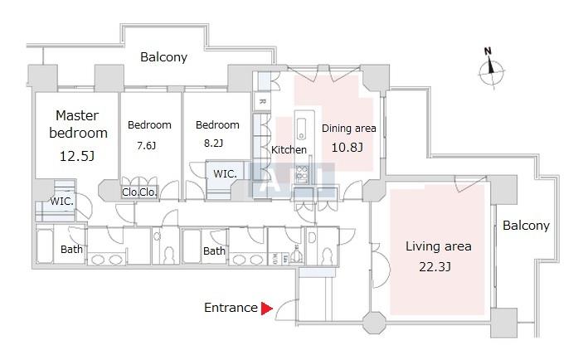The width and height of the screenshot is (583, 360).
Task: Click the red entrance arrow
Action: coord(266,309)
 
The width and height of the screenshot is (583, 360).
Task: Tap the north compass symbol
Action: coord(491,70)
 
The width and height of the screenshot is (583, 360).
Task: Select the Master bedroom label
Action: coord(78,124)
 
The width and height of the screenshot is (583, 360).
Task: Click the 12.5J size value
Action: coord(77,156)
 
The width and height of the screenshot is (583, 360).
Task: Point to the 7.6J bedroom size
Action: coord(147,145)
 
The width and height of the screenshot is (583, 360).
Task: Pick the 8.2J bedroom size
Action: coord(213,144)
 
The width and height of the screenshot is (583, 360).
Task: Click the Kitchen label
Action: coord(289,150)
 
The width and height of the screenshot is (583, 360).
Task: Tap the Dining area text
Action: coord(349,129)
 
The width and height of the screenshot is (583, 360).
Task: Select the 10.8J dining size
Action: coord(347,148)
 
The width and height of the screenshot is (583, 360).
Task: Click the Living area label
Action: coord(439,246)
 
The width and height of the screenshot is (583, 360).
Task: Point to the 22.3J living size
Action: coord(435,266)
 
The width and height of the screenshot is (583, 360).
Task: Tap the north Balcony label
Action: coord(163,57)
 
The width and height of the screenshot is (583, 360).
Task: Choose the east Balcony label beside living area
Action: coord(526,226)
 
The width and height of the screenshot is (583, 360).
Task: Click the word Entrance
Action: coord(231,308)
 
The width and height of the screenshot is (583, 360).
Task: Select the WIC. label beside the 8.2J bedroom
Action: coord(225,173)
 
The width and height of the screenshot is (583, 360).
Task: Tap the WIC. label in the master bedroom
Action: coord(61,202)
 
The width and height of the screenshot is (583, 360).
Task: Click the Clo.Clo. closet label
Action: coord(139,192)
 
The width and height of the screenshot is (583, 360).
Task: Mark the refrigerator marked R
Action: coord(262,101)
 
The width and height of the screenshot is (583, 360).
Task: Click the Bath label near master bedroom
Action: coord(71,249)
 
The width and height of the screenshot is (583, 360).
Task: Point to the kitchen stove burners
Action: coord(302,173)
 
